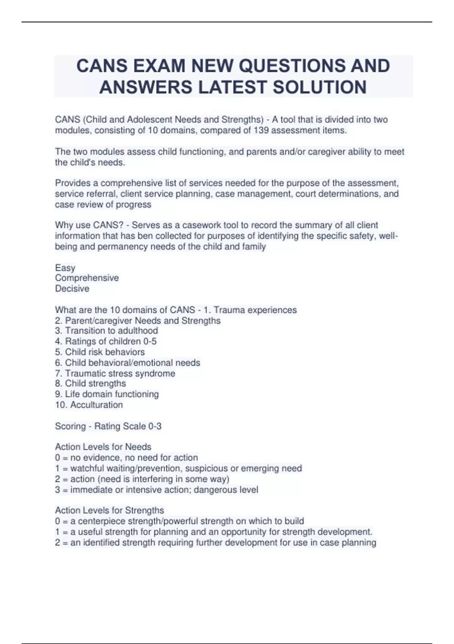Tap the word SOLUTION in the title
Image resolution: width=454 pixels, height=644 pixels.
pyautogui.click(x=320, y=87)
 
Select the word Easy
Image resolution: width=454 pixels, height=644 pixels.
pyautogui.click(x=65, y=268)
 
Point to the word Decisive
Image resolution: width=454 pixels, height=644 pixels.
pyautogui.click(x=72, y=289)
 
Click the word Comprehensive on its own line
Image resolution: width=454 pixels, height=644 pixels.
pyautogui.click(x=87, y=278)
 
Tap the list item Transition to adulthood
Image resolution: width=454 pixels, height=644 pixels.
pyautogui.click(x=106, y=331)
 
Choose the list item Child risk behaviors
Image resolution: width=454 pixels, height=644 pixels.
pyautogui.click(x=100, y=352)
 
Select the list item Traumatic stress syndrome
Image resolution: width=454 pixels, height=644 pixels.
pyautogui.click(x=115, y=373)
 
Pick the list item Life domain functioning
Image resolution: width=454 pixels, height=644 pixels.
pyautogui.click(x=107, y=394)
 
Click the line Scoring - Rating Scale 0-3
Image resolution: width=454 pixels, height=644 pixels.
pyautogui.click(x=108, y=426)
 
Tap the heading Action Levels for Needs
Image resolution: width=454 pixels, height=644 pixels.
pyautogui.click(x=103, y=447)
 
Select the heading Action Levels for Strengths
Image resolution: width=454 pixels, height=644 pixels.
pyautogui.click(x=109, y=510)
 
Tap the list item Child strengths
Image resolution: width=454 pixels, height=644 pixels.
pyautogui.click(x=90, y=383)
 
